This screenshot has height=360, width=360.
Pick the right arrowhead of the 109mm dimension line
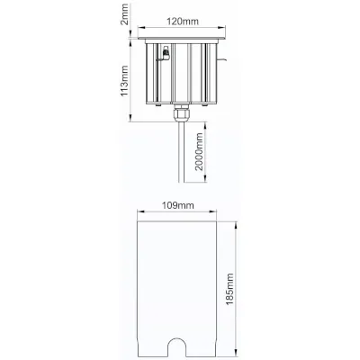pyautogui.click(x=220, y=214)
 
